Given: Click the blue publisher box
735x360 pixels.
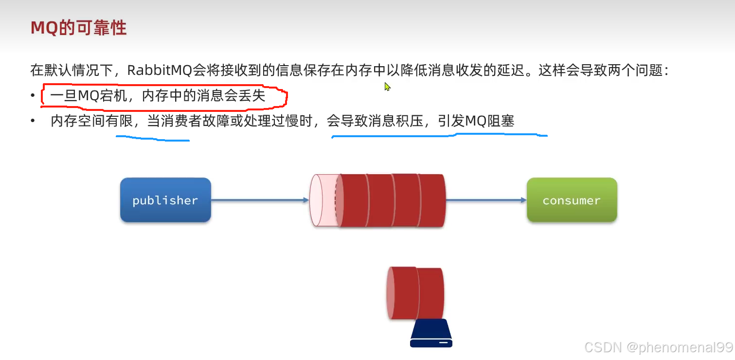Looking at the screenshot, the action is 165,200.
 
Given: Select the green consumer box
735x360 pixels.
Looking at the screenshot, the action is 572,200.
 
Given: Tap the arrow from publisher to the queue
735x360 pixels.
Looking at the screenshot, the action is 260,199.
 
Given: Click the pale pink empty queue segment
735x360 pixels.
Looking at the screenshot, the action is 322,200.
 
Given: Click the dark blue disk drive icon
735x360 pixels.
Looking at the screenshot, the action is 431,334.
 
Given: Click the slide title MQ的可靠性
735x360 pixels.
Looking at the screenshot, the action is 78,28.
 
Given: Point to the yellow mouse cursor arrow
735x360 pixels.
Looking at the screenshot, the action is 387,87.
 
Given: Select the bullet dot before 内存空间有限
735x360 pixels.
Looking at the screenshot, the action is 33,121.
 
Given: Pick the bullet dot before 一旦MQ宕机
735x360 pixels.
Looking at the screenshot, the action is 33,96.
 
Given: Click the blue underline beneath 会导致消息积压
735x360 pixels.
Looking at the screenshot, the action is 438,136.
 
